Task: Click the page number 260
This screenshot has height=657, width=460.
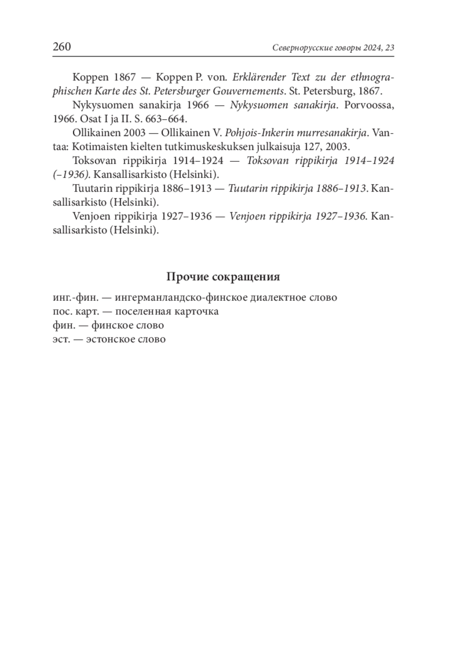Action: coord(62,47)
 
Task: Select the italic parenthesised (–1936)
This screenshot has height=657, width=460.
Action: coord(71,175)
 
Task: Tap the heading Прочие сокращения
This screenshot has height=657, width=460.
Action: coord(223,277)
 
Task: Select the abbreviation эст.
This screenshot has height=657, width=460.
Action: coord(61,339)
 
